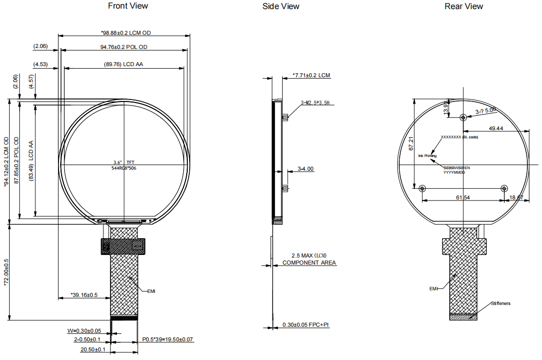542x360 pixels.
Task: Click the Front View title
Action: click(128, 6)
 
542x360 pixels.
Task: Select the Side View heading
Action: click(281, 6)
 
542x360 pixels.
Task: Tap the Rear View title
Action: click(463, 6)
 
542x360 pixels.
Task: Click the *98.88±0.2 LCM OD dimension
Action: click(126, 33)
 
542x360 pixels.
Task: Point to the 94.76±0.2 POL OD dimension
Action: click(124, 47)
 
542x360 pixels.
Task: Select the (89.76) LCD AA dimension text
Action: click(123, 65)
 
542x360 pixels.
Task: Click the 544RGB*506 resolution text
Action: click(124, 168)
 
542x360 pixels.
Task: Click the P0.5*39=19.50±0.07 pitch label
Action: click(168, 340)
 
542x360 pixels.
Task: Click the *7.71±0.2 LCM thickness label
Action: click(311, 75)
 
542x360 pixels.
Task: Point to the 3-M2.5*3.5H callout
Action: click(315, 102)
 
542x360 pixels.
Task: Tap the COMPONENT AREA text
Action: click(309, 263)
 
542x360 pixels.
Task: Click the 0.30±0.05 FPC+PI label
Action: click(305, 325)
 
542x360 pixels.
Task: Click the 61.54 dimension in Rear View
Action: click(463, 197)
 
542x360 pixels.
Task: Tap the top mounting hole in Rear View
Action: click(463, 117)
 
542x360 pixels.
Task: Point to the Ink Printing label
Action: click(427, 156)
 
